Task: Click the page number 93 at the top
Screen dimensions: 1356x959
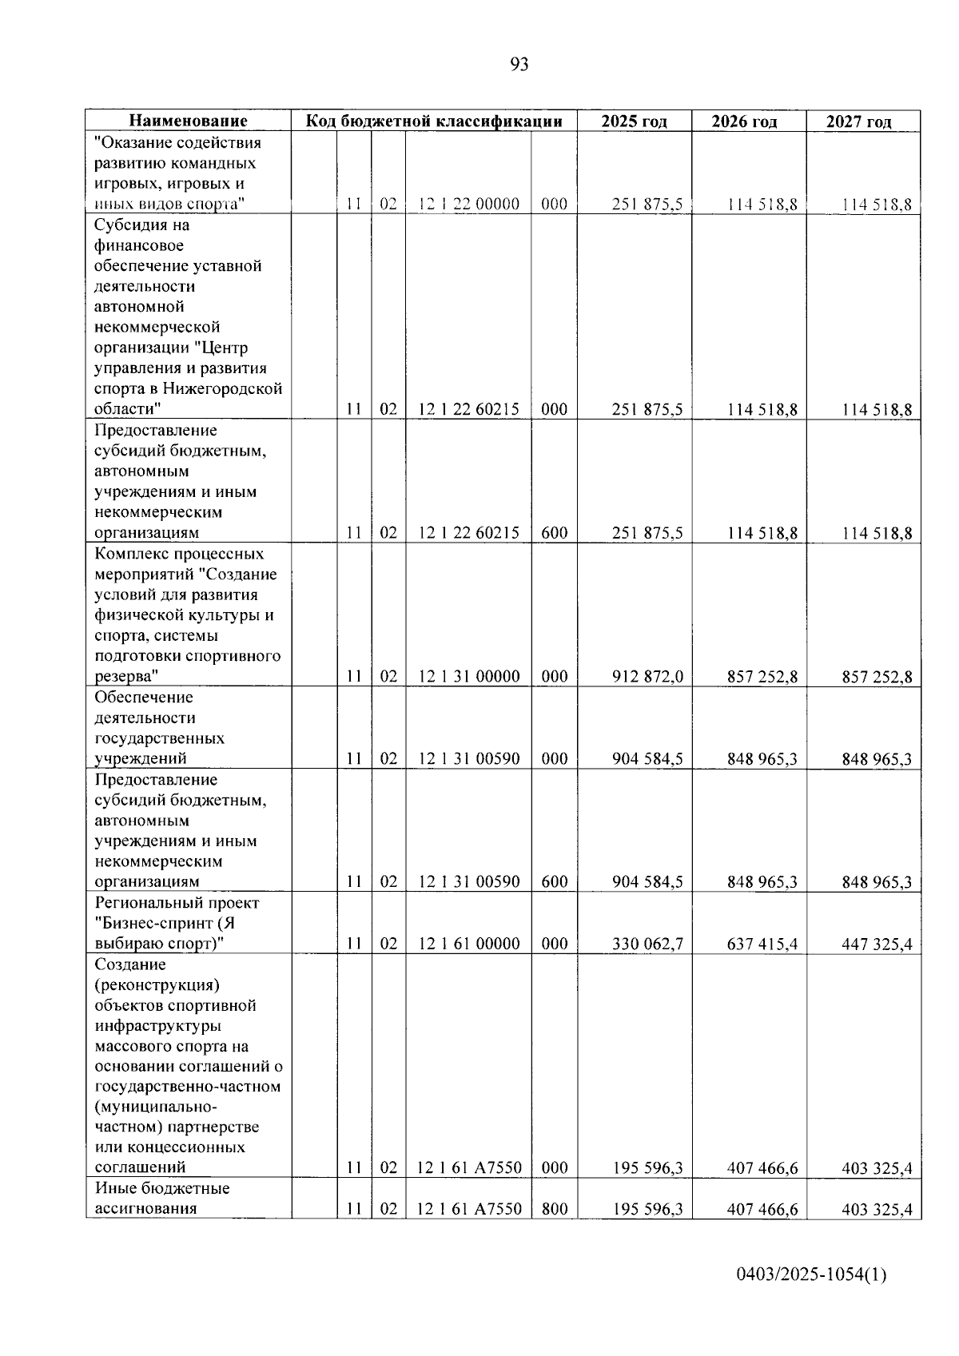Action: coord(519,65)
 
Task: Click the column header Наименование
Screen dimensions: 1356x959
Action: coord(188,121)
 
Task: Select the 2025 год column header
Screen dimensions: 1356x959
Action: coord(634,121)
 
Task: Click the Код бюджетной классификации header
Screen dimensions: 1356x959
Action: coord(435,121)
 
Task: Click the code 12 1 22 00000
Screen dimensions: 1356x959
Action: coord(469,205)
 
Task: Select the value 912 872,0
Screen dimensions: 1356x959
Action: coord(647,677)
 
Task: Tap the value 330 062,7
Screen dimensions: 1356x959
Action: coord(647,944)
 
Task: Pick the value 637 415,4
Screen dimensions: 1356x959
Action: coord(762,944)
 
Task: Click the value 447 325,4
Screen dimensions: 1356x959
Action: coord(877,944)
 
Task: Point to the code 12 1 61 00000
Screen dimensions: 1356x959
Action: coord(469,944)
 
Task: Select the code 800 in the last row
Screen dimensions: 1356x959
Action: coord(554,1209)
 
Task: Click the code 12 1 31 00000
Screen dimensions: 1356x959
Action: coord(469,677)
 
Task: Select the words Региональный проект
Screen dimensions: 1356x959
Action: coord(177,903)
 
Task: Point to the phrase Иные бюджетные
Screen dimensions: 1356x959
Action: coord(161,1188)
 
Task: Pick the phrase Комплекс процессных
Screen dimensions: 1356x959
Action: coord(179,554)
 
